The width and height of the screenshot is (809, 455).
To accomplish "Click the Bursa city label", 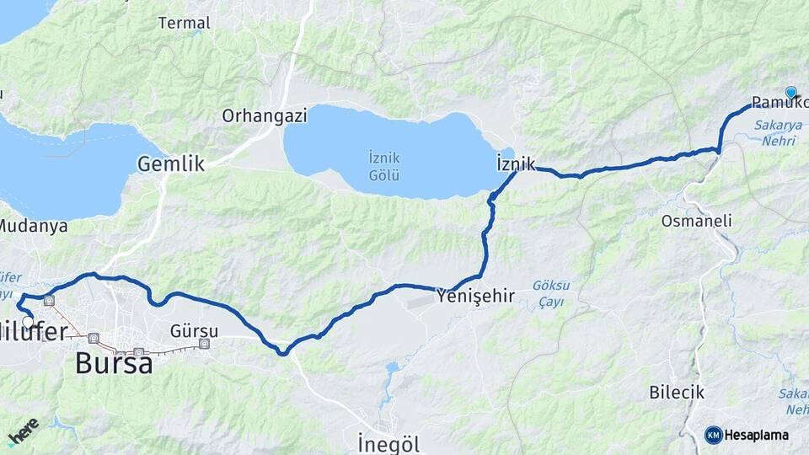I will tap(114, 362).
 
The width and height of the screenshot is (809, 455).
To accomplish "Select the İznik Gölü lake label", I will tap(383, 166).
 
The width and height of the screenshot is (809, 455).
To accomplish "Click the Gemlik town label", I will tap(171, 163).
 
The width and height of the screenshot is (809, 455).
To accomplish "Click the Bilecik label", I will tap(677, 392).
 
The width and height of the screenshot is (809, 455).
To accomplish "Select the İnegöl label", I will tap(388, 442).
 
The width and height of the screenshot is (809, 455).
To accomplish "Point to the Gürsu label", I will tap(194, 330).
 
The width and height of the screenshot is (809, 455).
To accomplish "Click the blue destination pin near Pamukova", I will tap(790, 93).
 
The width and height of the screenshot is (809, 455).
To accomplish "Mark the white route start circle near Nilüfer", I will tap(29, 321).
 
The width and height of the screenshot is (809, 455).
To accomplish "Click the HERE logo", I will tap(23, 431).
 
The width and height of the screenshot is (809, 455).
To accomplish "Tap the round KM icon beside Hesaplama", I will tap(713, 435).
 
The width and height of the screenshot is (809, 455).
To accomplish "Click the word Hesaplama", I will tap(756, 436).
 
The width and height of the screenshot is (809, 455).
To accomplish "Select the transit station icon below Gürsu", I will tap(204, 343).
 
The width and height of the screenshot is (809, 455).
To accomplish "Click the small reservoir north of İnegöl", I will tap(391, 369).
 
